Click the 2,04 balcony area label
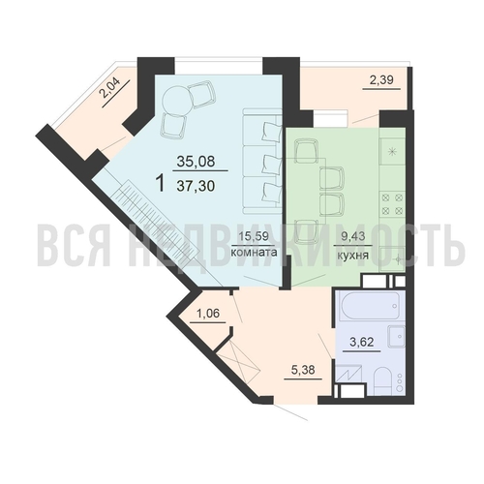coord(109,88)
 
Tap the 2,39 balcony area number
coord(381,79)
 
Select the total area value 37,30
coord(196,186)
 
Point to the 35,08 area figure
coord(196,161)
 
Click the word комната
coord(255,252)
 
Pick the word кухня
coord(352,256)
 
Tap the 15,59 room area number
coord(254,236)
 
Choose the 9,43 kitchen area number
coord(353,236)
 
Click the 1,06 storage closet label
coord(207,313)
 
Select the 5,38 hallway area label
coord(303,370)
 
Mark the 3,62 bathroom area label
coord(362,342)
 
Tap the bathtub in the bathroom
coord(371,306)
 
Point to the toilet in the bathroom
coord(383,379)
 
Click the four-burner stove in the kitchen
coord(392,203)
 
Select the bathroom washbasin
coord(397,337)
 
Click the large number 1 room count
coord(161,183)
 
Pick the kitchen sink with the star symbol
coord(392,152)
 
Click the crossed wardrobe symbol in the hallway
coord(238,363)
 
